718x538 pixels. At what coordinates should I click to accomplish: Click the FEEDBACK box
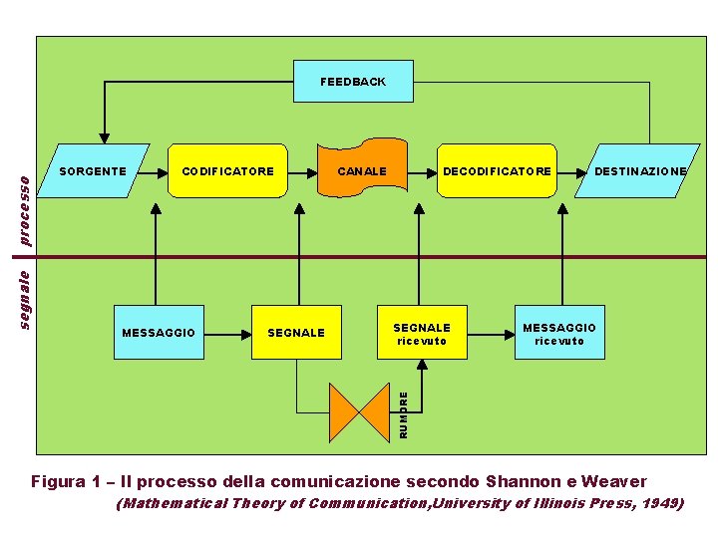pos(353,82)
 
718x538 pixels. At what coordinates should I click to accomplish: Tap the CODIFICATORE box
pos(228,171)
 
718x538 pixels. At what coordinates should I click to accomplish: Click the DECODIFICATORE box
pos(497,171)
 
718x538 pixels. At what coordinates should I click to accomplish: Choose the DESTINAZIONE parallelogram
pos(639,171)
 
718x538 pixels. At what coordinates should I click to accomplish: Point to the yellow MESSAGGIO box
pos(158,332)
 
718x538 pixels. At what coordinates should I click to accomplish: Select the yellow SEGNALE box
pos(296,332)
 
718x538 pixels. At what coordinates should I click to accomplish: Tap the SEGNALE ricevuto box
pos(422,333)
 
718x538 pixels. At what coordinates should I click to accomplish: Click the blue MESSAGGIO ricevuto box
pos(559,333)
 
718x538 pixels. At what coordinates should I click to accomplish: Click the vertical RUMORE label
pos(404,414)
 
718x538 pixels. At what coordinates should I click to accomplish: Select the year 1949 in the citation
pos(661,504)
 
